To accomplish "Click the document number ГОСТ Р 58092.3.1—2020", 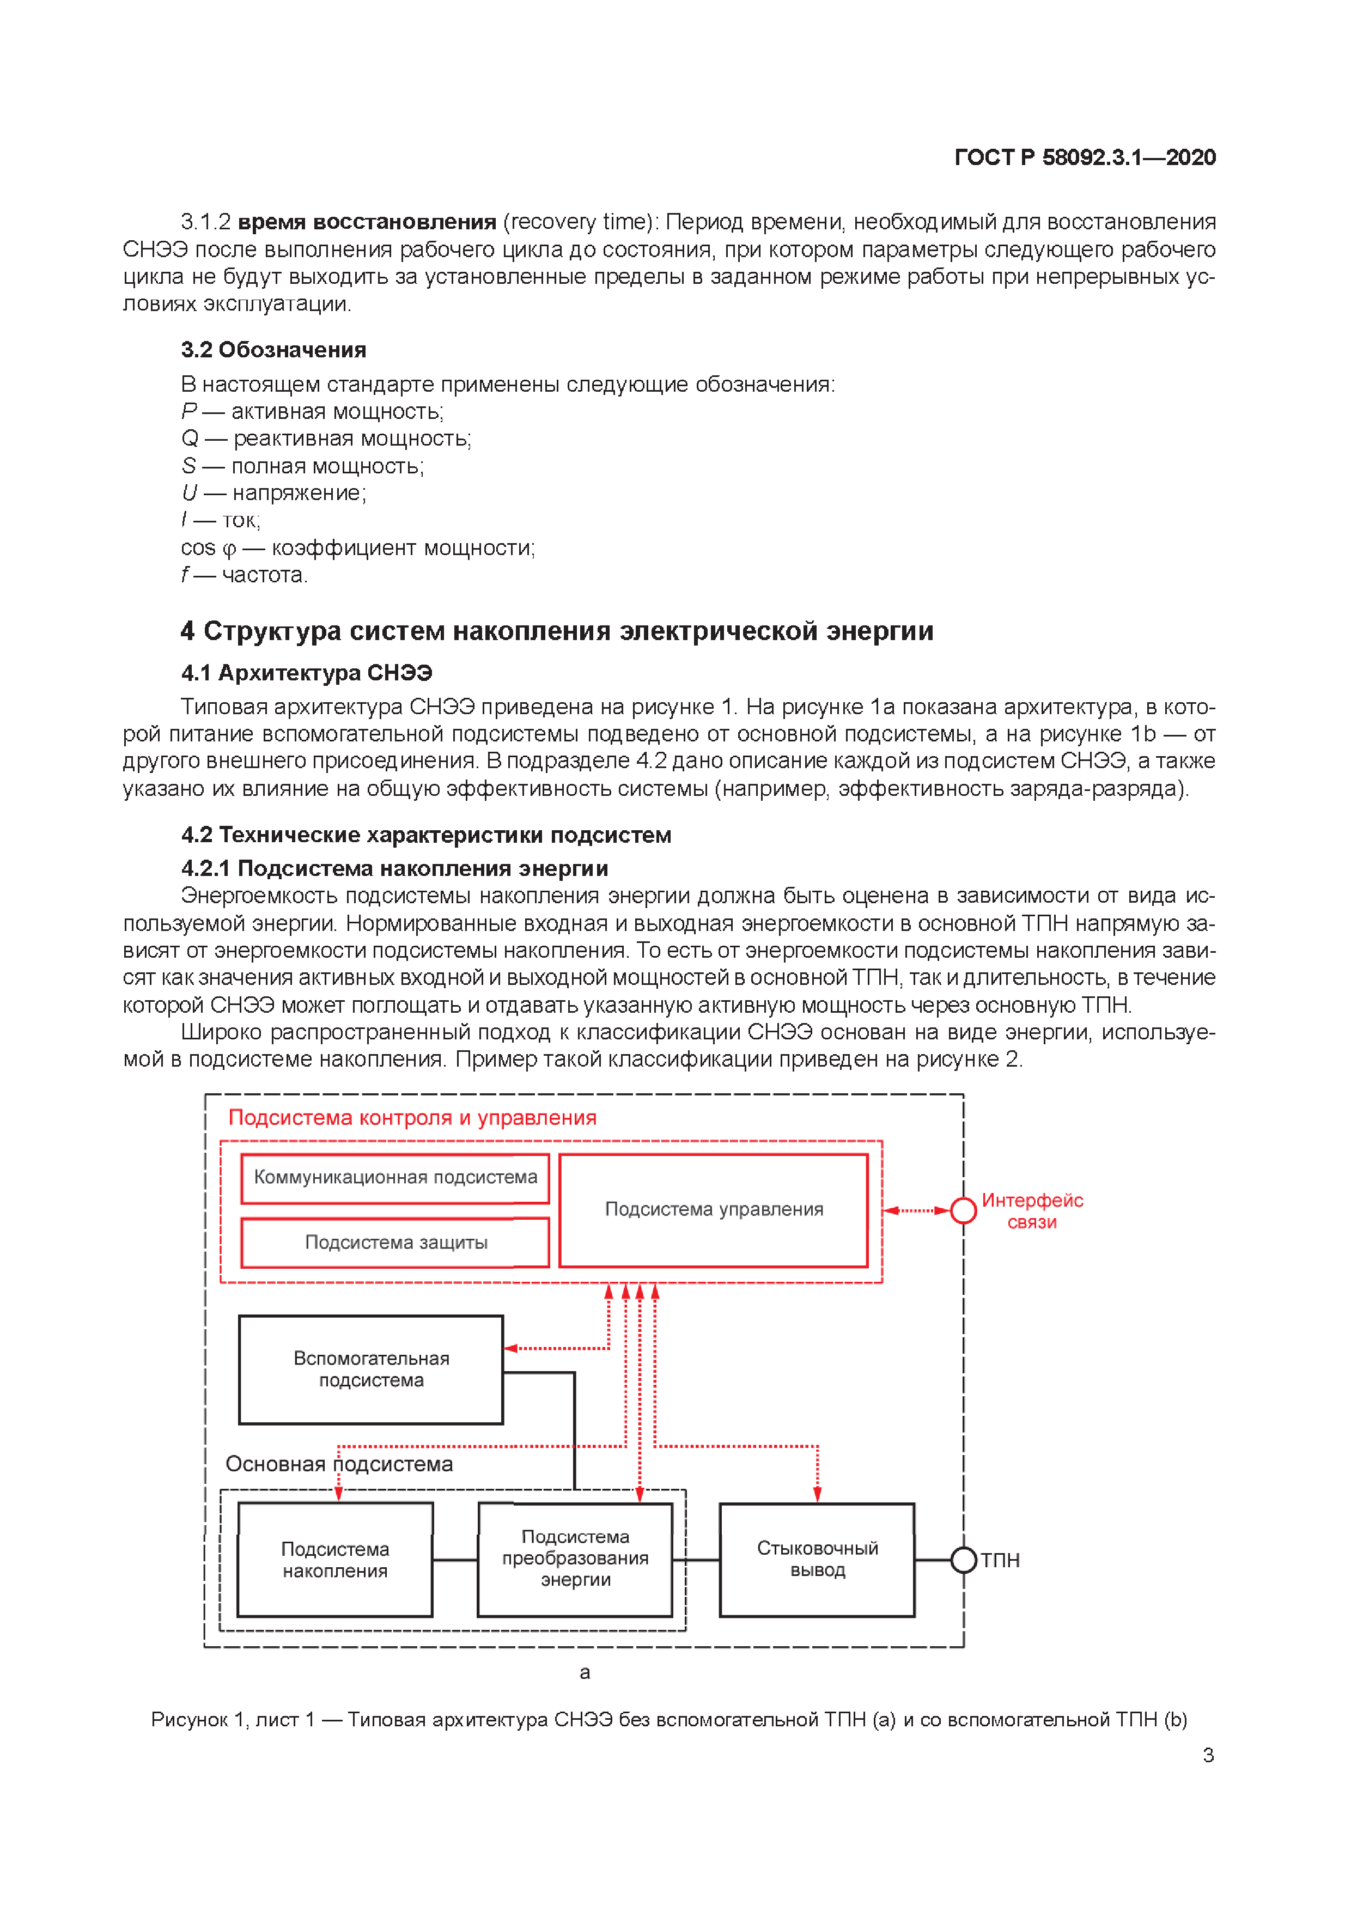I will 1084,157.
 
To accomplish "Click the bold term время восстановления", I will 366,222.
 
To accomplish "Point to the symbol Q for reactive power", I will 190,439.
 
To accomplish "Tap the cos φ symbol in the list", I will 208,547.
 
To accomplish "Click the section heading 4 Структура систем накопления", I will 556,631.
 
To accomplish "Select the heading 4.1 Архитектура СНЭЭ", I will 306,673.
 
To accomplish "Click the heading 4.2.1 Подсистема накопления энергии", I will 394,868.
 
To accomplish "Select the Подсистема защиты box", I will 395,1243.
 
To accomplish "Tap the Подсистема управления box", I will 714,1209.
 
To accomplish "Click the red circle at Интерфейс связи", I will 963,1210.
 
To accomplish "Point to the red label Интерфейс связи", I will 1032,1211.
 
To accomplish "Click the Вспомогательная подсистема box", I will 372,1369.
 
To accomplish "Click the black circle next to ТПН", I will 963,1560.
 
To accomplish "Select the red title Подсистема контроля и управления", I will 412,1118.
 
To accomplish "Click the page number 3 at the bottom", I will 1208,1755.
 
